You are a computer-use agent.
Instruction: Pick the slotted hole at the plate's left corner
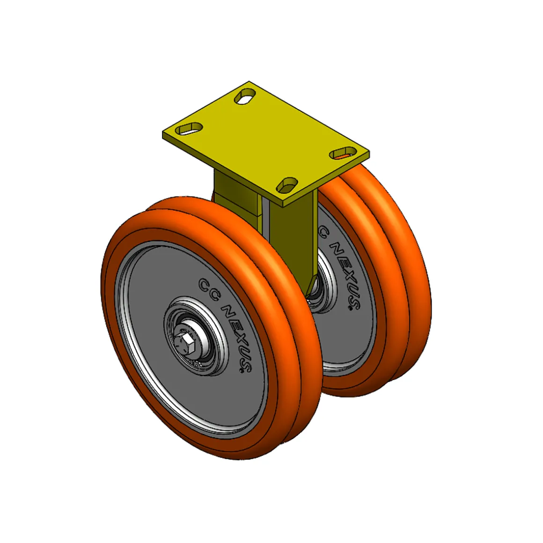tap(189, 128)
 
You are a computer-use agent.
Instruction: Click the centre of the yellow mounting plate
tap(266, 141)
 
